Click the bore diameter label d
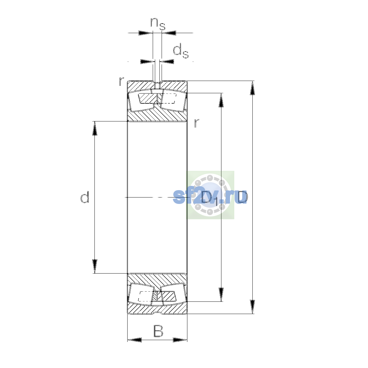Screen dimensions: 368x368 (85, 197)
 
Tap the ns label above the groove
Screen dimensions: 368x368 (158, 24)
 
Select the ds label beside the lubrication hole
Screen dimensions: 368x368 (181, 51)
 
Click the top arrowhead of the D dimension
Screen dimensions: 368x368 (252, 88)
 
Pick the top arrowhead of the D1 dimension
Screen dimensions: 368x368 (221, 100)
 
